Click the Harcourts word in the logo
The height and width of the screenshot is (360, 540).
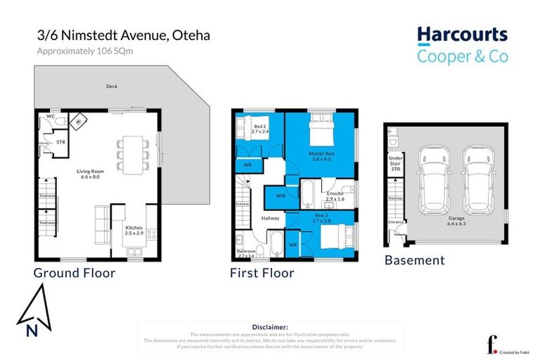[462, 36]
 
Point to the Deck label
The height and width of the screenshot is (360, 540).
[112, 88]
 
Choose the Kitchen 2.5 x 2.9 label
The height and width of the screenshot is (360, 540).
[135, 231]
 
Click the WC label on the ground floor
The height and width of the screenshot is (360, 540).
[51, 116]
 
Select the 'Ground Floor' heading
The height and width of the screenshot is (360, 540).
[74, 273]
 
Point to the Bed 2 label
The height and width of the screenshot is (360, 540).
[260, 128]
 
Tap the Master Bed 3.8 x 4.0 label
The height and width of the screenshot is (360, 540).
[320, 156]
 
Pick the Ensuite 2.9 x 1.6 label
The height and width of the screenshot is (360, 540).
[335, 197]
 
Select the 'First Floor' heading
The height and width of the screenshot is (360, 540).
[262, 273]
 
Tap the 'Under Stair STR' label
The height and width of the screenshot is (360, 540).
[395, 164]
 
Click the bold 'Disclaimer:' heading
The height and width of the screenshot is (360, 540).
[270, 327]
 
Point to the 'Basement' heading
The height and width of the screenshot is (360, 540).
[414, 260]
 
